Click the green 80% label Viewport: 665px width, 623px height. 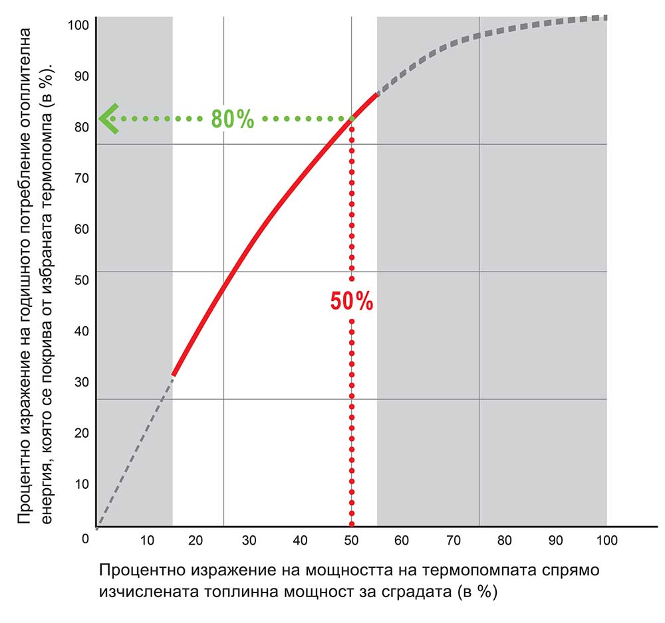tap(233, 118)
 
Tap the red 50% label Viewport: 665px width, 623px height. tap(352, 302)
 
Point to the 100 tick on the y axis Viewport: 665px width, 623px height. tap(78, 25)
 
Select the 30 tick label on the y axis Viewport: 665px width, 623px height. tap(81, 382)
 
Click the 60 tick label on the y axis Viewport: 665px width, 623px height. tap(81, 229)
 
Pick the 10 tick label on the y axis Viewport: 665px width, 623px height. tap(81, 484)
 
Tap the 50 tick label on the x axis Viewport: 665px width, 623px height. tap(352, 540)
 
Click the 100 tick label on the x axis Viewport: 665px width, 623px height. tap(606, 540)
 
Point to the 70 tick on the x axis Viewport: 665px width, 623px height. tap(454, 540)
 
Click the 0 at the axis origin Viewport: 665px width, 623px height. tap(85, 539)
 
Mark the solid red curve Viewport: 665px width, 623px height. tap(266, 226)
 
